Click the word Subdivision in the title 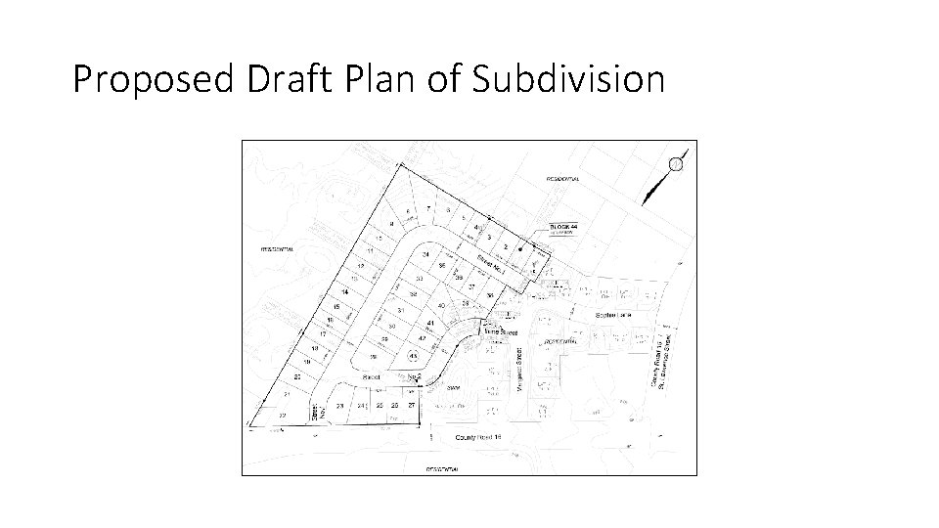tap(568, 79)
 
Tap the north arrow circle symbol tap(675, 163)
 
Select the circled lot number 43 tap(413, 356)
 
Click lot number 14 tap(344, 292)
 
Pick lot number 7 tap(427, 209)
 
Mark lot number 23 tap(340, 405)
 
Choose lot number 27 tap(412, 405)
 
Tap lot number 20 tap(296, 376)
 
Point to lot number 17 tap(323, 333)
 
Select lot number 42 tap(422, 338)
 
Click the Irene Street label tap(501, 332)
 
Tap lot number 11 tap(371, 251)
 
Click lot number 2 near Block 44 tap(506, 246)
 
